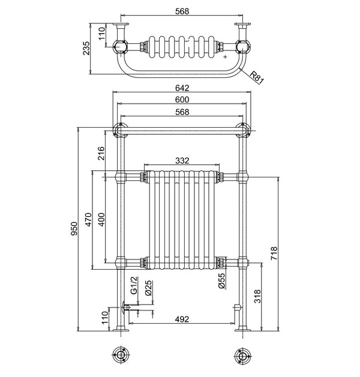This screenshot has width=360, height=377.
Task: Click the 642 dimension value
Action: point(182,88)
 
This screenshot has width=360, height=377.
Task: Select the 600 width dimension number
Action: point(182,99)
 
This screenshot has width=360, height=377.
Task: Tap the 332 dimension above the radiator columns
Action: point(182,161)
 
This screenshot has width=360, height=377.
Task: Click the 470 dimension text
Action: point(88,220)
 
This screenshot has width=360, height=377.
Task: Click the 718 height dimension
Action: point(274,252)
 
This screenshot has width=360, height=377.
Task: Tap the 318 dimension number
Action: point(257,296)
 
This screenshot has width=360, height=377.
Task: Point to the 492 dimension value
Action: point(182,319)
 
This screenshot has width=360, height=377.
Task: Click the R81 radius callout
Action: point(256,77)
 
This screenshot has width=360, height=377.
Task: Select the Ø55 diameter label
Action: point(221,281)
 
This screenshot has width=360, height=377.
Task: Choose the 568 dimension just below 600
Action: point(182,112)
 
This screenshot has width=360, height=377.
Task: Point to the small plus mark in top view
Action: point(225,58)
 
